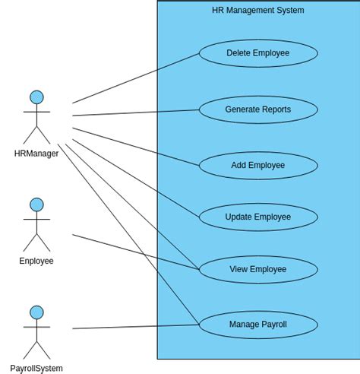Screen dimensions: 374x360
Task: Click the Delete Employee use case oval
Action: click(258, 53)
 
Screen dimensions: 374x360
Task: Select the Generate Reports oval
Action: click(258, 109)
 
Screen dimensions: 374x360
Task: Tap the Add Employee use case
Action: click(258, 166)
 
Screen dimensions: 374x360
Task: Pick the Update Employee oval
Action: click(258, 217)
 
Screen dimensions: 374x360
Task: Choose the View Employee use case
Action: click(258, 270)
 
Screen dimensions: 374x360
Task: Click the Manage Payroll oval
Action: click(258, 325)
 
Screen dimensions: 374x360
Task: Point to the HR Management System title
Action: click(258, 11)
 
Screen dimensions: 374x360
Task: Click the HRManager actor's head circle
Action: click(36, 97)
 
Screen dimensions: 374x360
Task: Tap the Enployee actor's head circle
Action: click(36, 204)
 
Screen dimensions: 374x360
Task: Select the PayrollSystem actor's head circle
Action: click(36, 312)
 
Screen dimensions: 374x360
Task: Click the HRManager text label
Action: click(36, 154)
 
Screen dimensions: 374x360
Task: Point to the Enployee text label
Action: click(36, 261)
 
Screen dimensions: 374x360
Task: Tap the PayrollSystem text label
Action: click(36, 369)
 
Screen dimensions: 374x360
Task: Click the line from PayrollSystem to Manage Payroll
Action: click(137, 327)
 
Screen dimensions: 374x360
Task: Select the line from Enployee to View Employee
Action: click(137, 252)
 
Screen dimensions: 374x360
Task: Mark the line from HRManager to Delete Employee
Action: click(137, 78)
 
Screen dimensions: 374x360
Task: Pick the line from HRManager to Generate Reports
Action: click(137, 113)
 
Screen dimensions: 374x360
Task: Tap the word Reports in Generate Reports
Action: click(276, 109)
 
